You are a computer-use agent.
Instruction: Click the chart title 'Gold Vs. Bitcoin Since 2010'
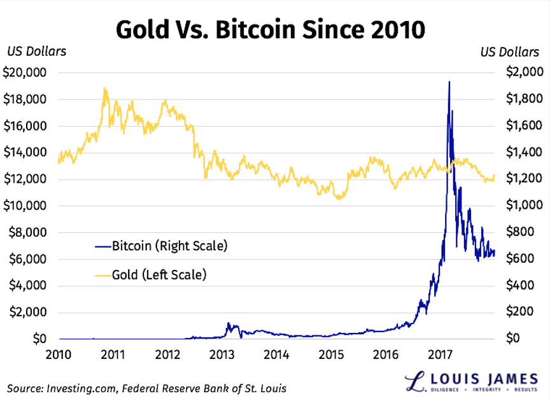pyautogui.click(x=271, y=29)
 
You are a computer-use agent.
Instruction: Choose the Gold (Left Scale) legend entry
pyautogui.click(x=159, y=275)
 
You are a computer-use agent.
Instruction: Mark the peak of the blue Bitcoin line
pyautogui.click(x=449, y=82)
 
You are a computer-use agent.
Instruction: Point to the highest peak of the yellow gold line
pyautogui.click(x=105, y=89)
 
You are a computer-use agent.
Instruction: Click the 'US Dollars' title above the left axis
pyautogui.click(x=36, y=52)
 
